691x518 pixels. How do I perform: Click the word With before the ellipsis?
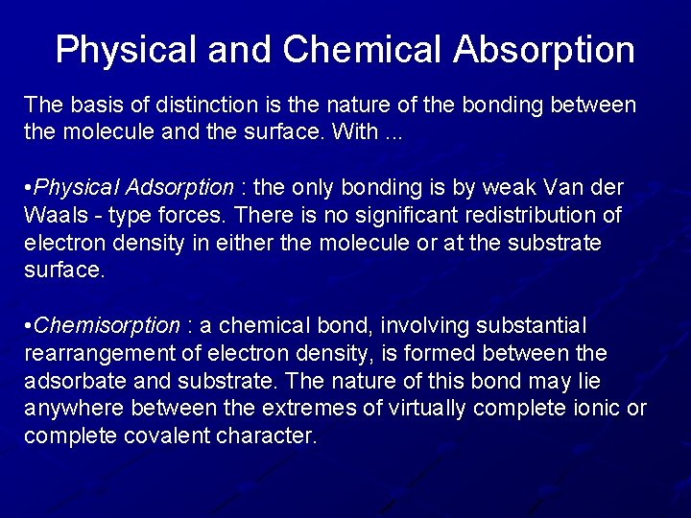356,131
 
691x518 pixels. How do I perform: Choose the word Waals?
52,215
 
